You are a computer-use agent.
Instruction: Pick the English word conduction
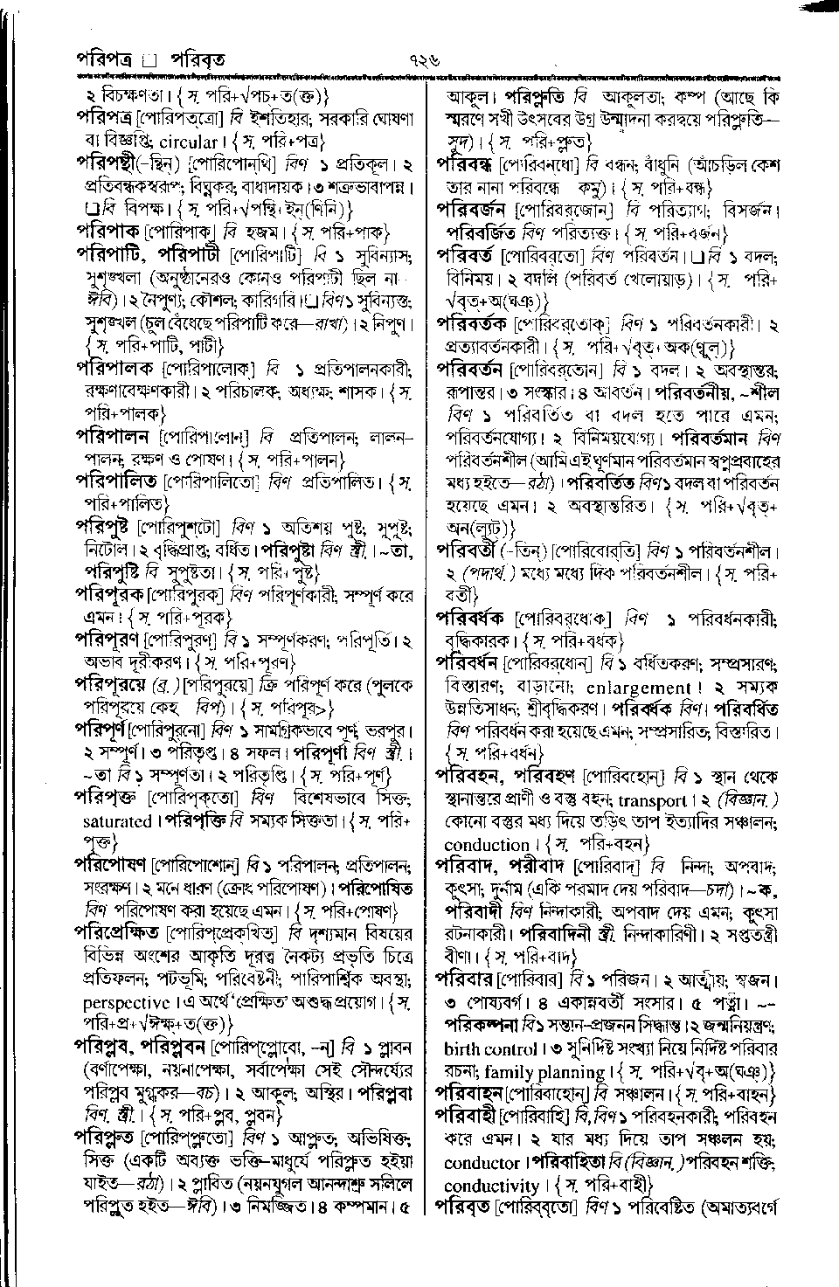click(487, 845)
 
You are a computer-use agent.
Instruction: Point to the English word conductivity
click(491, 1186)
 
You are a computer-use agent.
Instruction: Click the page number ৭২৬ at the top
click(419, 60)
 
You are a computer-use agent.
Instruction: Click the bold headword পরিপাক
click(108, 232)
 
